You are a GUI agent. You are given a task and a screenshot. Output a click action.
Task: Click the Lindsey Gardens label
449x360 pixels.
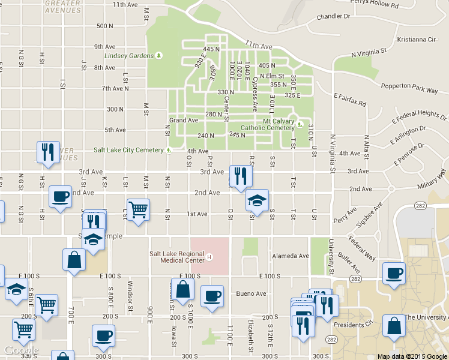click(x=128, y=56)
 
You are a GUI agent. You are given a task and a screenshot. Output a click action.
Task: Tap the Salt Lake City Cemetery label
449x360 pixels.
click(x=128, y=150)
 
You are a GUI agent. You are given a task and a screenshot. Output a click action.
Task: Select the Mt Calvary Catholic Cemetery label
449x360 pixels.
click(x=268, y=124)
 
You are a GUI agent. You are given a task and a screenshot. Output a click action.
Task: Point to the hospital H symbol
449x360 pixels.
click(x=209, y=258)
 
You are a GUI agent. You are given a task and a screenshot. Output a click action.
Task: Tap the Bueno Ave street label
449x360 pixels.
click(x=251, y=294)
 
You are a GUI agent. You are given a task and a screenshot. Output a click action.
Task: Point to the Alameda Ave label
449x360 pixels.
click(x=291, y=256)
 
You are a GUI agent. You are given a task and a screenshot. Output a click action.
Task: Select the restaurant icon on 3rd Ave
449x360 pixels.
click(x=241, y=176)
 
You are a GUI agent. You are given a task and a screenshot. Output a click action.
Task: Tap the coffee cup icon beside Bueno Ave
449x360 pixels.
click(x=212, y=296)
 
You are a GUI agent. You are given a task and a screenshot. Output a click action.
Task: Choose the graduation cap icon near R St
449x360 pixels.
click(x=257, y=200)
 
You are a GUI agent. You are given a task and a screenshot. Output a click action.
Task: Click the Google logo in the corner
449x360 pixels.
click(x=21, y=350)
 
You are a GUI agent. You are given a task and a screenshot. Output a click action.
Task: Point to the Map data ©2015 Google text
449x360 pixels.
click(x=412, y=356)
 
